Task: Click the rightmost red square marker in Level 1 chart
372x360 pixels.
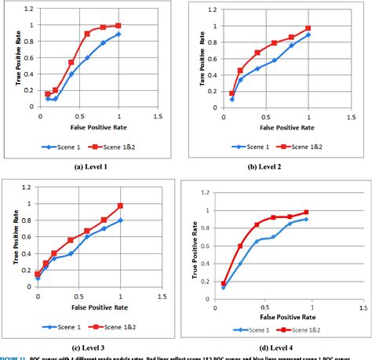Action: pyautogui.click(x=119, y=26)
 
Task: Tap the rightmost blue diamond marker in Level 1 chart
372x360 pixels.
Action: pyautogui.click(x=119, y=35)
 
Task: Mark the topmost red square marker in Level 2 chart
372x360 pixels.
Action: pyautogui.click(x=308, y=28)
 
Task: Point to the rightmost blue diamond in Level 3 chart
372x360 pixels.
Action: pyautogui.click(x=120, y=220)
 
